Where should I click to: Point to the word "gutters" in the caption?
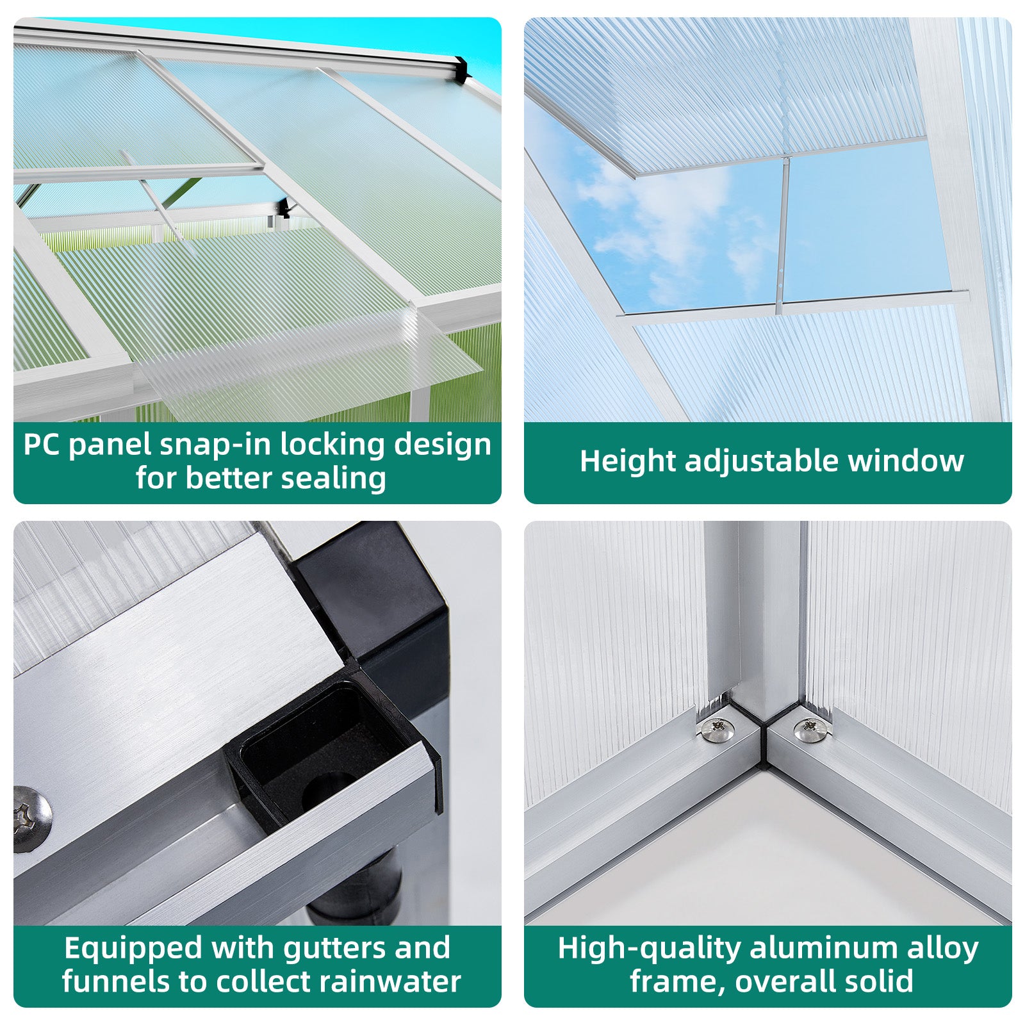pos(335,949)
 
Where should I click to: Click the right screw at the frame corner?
pos(810,728)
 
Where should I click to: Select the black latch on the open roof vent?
pos(283,208)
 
